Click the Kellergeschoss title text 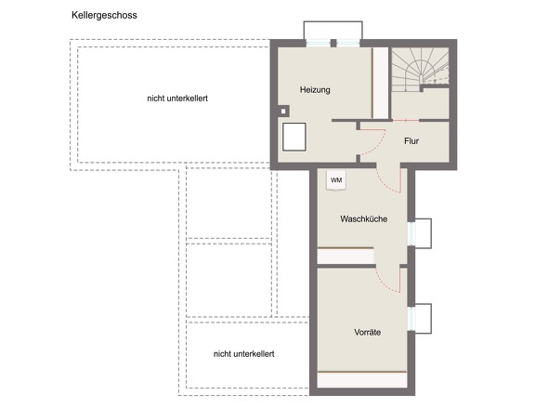click(104, 16)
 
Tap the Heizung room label click(315, 90)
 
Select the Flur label click(411, 141)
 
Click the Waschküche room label click(363, 219)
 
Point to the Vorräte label click(367, 332)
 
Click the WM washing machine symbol click(336, 180)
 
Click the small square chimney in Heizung click(283, 112)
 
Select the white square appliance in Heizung click(294, 137)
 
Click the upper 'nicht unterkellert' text click(177, 99)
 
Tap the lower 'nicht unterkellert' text click(243, 354)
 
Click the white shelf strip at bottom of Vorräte click(362, 379)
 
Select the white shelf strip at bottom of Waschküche click(346, 257)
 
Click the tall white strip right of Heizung click(381, 83)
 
